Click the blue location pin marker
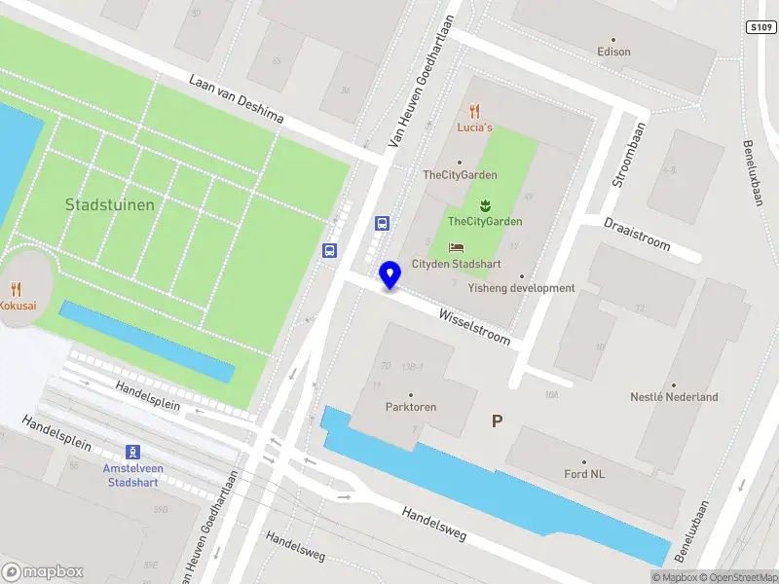[390, 274]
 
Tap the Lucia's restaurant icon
[474, 111]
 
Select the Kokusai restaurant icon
[16, 289]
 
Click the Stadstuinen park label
[109, 205]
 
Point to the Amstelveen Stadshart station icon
[132, 452]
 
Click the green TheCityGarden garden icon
[484, 205]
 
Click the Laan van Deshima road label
[237, 101]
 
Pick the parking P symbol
[497, 421]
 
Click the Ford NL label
[584, 474]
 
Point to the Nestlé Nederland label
[674, 397]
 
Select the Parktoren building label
[410, 407]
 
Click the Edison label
[613, 52]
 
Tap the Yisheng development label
[521, 288]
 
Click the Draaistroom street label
[637, 235]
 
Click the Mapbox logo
[43, 572]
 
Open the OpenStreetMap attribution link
[736, 577]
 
